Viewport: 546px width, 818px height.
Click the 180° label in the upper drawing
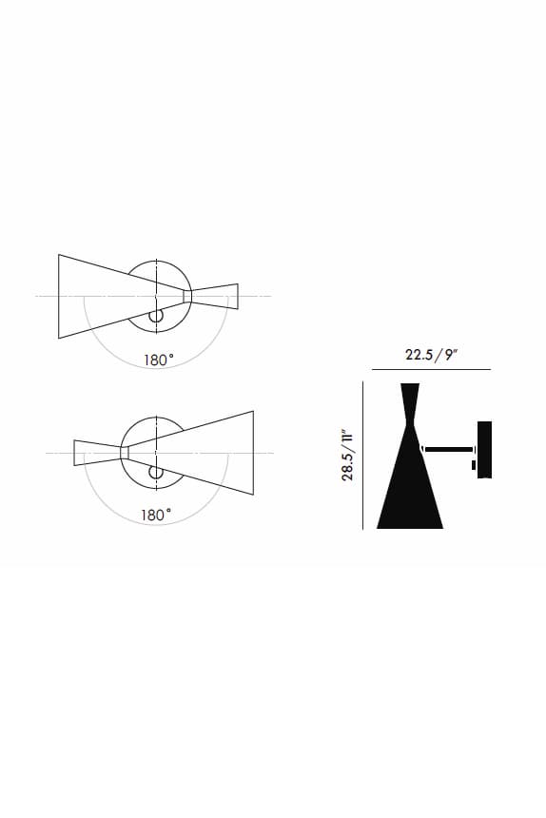tap(159, 360)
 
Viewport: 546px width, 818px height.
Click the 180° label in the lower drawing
tap(156, 516)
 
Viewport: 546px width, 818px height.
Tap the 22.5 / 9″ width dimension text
tap(431, 355)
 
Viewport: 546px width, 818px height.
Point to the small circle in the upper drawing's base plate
tap(155, 316)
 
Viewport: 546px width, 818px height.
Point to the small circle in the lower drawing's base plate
tap(155, 472)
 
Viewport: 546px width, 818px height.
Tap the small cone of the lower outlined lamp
tap(96, 453)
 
